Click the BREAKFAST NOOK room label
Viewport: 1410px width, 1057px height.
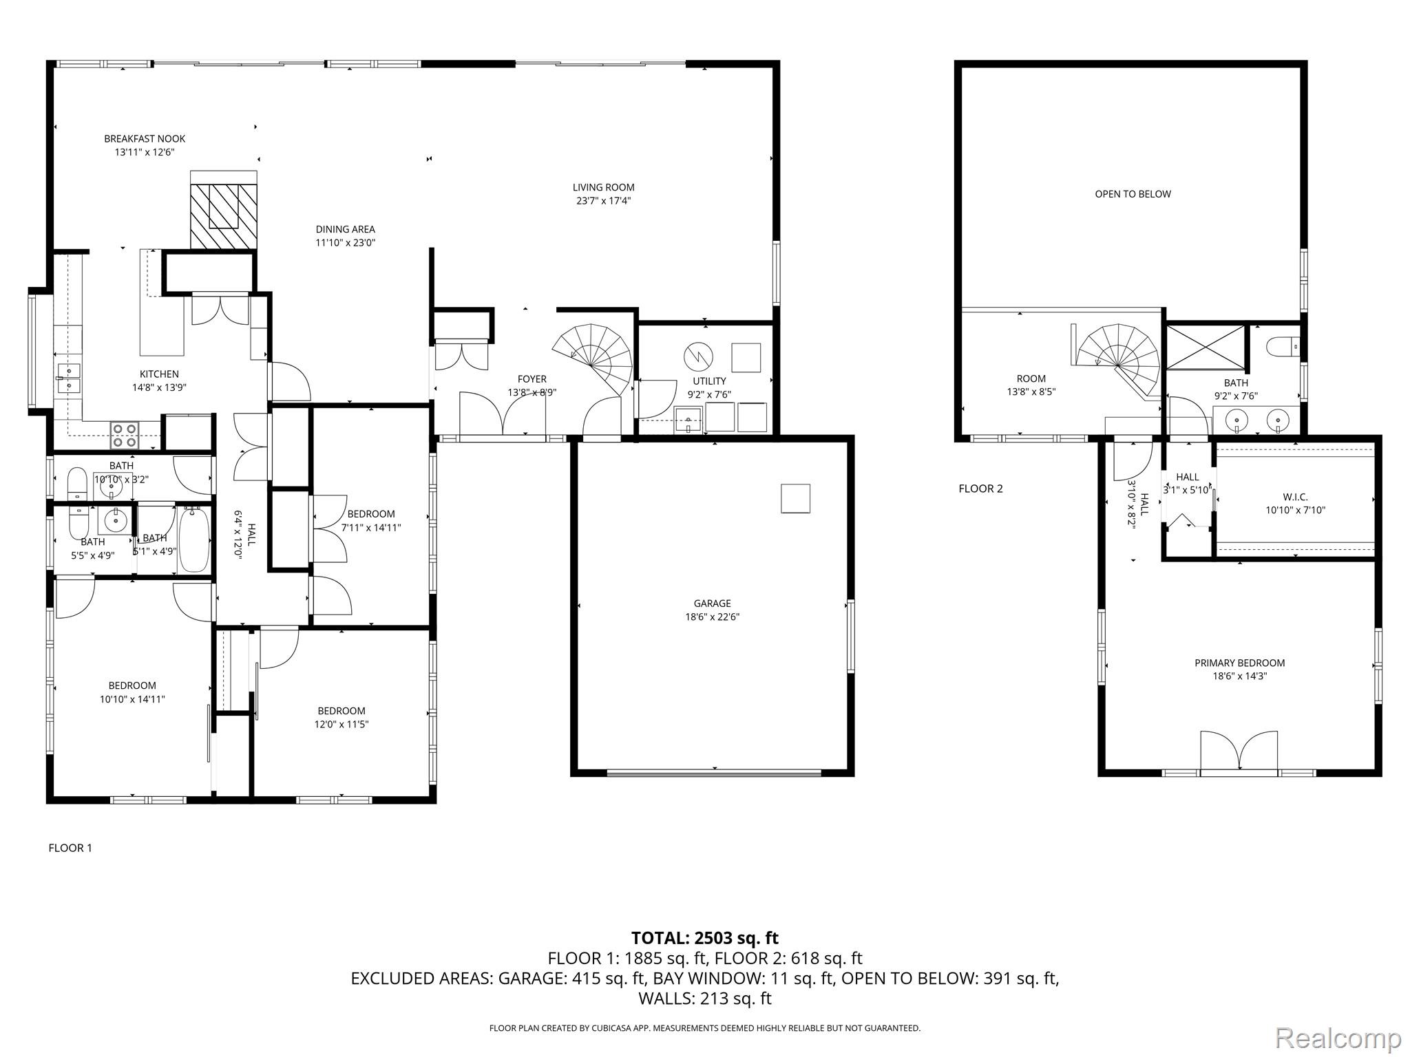tap(145, 139)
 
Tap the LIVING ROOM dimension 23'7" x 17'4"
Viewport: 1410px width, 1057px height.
tap(603, 201)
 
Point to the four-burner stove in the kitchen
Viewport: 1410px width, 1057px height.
tap(125, 435)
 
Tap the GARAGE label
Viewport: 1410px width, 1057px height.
tap(712, 604)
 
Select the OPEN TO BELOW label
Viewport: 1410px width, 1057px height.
tap(1133, 194)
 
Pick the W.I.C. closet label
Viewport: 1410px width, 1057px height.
tap(1295, 497)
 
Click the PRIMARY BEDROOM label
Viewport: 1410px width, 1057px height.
tap(1239, 663)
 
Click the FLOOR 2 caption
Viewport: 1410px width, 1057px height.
tap(980, 489)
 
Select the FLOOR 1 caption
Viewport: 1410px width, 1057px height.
tap(70, 848)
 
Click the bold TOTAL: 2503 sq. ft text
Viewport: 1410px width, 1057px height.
tap(704, 938)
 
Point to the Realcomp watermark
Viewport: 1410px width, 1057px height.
tap(1338, 1037)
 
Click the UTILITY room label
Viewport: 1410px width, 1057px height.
tap(709, 381)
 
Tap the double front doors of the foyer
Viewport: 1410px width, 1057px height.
tap(503, 414)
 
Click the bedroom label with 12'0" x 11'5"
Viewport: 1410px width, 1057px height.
tap(341, 711)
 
